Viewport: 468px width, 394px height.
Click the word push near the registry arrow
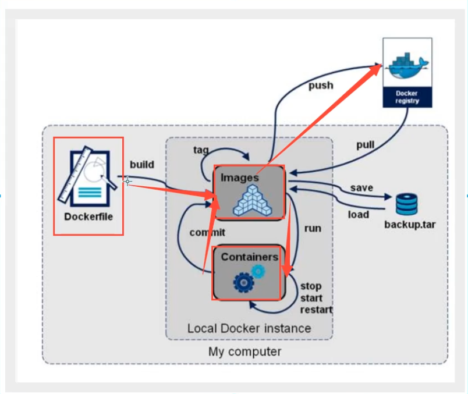tap(320, 86)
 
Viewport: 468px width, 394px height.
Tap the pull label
tap(365, 145)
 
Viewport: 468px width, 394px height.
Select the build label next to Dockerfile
tap(141, 165)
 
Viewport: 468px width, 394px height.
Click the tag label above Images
tap(201, 150)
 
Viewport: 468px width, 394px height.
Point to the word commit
tap(207, 232)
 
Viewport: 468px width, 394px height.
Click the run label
tap(313, 228)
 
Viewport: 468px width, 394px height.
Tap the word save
tap(361, 188)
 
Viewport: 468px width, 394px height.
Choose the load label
tap(359, 214)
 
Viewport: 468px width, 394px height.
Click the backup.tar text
tap(409, 224)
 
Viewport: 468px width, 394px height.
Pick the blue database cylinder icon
tap(407, 204)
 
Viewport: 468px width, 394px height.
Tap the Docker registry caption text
tap(407, 97)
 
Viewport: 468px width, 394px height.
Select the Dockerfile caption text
tap(89, 217)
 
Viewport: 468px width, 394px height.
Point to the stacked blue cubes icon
tap(250, 200)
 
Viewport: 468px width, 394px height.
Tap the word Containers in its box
tap(249, 257)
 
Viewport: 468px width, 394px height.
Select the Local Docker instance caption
tap(249, 328)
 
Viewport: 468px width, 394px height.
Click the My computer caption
tap(244, 352)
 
